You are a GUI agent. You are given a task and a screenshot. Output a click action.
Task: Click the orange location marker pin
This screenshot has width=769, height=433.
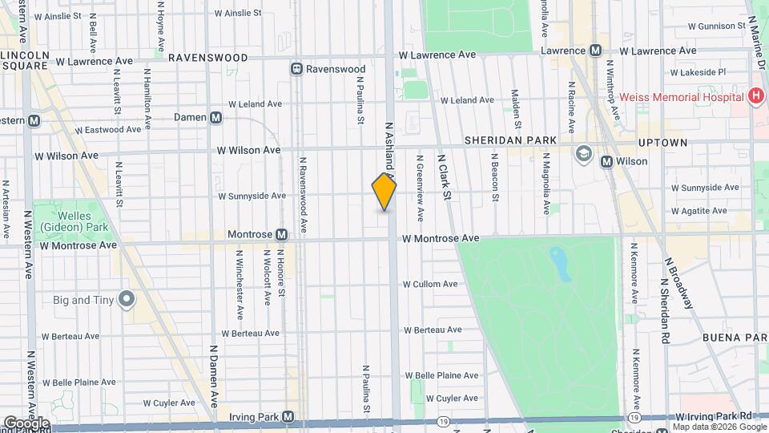pos(384,192)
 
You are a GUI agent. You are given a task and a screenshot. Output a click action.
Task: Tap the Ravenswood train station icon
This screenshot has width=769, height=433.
pos(296,69)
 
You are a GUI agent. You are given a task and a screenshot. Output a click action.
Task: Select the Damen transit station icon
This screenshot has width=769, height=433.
pos(215,117)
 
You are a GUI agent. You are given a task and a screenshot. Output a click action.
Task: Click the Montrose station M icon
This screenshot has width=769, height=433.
pos(281,235)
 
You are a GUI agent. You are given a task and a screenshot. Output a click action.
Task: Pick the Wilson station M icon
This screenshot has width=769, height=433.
pos(606,161)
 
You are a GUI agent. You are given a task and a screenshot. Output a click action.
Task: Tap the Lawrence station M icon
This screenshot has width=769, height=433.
pos(595,50)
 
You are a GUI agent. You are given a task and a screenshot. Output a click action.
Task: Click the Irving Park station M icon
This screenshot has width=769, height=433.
pos(288,417)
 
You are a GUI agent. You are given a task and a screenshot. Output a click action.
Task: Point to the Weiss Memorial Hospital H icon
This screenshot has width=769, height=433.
pos(755,96)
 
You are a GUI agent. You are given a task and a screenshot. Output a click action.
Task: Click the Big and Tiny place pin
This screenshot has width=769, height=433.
pos(126,300)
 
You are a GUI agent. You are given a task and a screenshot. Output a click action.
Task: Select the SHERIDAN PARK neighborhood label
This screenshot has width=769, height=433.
pos(510,140)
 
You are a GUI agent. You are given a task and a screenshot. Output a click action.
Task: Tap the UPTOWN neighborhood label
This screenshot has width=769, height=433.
pos(662,142)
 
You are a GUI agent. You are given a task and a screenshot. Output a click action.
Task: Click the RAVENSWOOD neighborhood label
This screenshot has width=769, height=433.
pos(207,58)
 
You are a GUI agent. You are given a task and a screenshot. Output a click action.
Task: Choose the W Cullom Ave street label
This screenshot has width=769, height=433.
pos(429,284)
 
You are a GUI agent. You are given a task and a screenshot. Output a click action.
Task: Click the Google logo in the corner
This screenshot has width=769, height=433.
pos(26,423)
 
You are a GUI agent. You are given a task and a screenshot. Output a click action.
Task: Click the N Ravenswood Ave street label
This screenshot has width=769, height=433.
pos(304,195)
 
